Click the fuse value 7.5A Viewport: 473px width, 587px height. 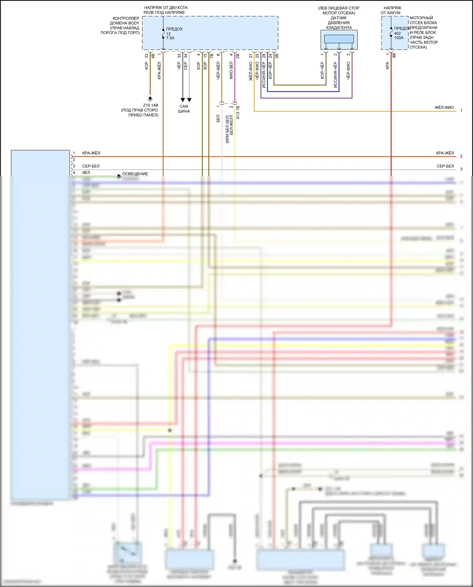[170, 38]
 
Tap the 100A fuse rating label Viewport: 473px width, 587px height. [399, 38]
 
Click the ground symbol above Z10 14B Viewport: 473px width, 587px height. [150, 99]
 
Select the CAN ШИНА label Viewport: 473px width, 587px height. [184, 109]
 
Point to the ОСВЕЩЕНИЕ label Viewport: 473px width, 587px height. [135, 174]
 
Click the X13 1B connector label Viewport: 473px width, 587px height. [238, 112]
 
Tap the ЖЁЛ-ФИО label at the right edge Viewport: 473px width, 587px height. [444, 108]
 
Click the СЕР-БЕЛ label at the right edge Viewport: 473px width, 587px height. [445, 166]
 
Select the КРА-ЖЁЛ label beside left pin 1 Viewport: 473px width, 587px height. [91, 153]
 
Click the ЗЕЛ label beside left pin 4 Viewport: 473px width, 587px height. [86, 173]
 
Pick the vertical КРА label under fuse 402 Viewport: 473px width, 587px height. [388, 66]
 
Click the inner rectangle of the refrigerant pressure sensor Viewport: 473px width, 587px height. [339, 39]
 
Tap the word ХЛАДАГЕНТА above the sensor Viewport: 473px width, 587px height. [339, 28]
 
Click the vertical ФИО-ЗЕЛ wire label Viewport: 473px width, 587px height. [231, 70]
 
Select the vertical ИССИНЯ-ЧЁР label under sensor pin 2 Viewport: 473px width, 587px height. [335, 75]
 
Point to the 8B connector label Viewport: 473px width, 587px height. [394, 55]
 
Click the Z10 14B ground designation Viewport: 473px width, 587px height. [150, 105]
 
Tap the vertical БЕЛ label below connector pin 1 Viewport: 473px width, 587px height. [218, 119]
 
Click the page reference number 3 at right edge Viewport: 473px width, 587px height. [461, 169]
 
